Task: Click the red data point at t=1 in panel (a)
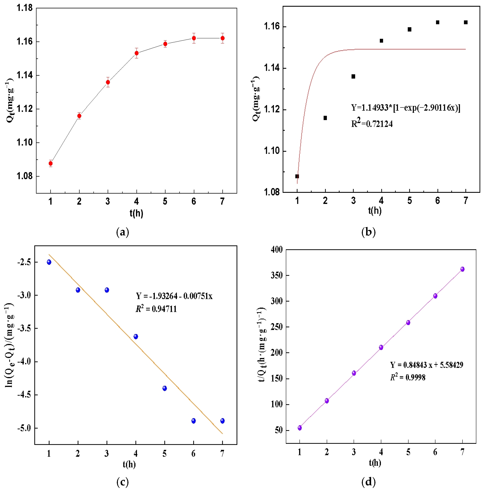point(51,163)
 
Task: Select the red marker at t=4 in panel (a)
point(136,53)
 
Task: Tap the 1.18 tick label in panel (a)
point(24,8)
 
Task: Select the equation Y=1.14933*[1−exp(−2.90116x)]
point(405,108)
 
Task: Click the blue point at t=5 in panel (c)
point(165,388)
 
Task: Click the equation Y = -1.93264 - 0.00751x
point(174,296)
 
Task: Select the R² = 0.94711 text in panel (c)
point(156,309)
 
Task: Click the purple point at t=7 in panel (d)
point(462,269)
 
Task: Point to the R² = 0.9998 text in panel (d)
point(408,377)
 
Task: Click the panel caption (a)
point(123,232)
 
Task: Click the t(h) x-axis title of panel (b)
point(375,211)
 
